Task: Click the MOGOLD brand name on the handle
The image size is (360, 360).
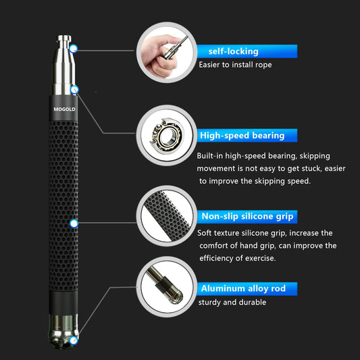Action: (x=66, y=108)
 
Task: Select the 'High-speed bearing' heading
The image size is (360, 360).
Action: (x=242, y=136)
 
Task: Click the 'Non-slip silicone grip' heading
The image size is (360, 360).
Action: (x=247, y=217)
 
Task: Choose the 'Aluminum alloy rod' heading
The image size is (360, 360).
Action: (x=242, y=288)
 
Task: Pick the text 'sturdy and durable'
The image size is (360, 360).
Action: (x=232, y=302)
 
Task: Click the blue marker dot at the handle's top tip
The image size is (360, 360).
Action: (x=73, y=49)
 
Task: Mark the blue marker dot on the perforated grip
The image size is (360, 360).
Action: (x=74, y=223)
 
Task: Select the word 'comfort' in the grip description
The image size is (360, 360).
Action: (x=215, y=246)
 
